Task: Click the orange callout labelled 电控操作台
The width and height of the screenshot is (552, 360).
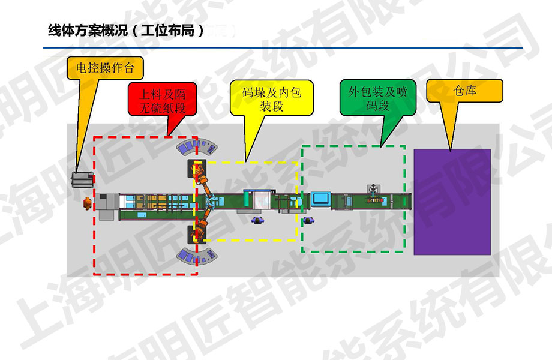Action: click(x=106, y=68)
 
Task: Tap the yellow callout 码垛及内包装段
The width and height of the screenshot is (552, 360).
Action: click(x=271, y=100)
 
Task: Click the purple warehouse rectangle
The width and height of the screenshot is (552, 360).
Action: click(x=452, y=200)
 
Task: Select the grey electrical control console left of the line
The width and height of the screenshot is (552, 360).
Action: click(x=82, y=179)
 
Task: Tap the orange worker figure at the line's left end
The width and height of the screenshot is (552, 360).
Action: click(x=88, y=204)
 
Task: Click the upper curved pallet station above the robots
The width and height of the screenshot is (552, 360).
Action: click(x=196, y=146)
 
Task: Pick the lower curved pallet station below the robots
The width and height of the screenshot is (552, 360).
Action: click(x=196, y=257)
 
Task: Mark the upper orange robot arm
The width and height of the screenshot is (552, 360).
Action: click(x=200, y=175)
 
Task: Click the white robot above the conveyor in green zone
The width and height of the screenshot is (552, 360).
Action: click(x=374, y=189)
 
